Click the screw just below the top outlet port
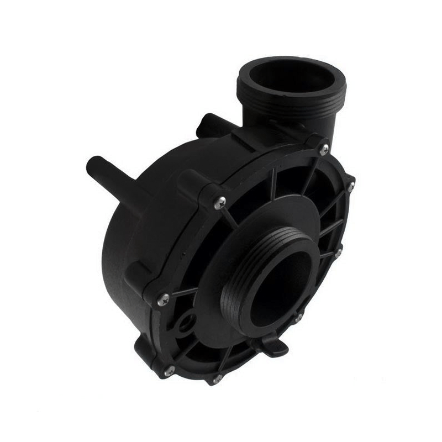[324, 148]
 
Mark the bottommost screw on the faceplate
[217, 379]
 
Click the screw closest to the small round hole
[164, 299]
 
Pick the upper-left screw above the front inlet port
[220, 202]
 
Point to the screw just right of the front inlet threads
[338, 252]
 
